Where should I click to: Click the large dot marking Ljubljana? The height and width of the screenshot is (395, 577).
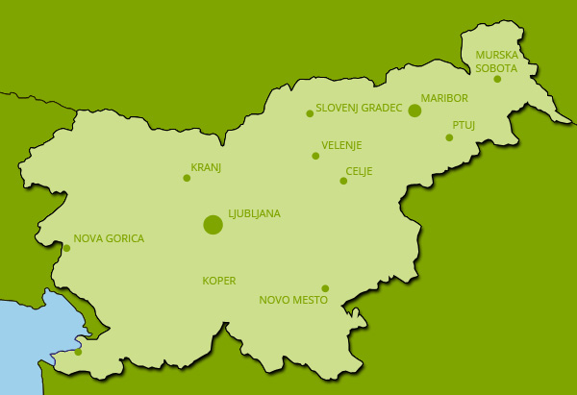[x=213, y=225]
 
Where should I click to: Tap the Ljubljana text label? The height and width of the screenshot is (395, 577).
[x=254, y=213]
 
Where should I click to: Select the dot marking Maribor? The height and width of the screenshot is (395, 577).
[x=414, y=111]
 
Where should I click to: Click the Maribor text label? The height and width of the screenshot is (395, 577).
[x=444, y=98]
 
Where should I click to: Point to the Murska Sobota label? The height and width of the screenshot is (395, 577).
[x=496, y=62]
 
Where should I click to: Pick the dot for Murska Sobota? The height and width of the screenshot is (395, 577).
[x=497, y=79]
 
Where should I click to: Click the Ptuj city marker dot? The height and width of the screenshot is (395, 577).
[x=449, y=137]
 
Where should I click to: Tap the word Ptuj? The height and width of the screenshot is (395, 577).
[x=464, y=125]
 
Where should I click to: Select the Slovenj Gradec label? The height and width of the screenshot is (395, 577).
[x=359, y=108]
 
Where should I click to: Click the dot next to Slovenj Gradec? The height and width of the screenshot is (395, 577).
[x=310, y=113]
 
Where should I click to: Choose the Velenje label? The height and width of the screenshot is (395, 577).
[x=341, y=145]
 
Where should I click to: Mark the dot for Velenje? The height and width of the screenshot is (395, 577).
[x=315, y=156]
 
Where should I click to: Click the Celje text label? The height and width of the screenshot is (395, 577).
[x=359, y=171]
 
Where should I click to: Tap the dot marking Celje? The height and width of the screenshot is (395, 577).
[x=343, y=181]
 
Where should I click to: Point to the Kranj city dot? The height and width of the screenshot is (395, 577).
[x=187, y=178]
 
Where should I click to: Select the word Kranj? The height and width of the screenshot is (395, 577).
[x=206, y=167]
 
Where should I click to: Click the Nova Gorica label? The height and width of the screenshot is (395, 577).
[x=109, y=238]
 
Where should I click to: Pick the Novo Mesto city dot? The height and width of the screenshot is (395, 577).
[x=325, y=288]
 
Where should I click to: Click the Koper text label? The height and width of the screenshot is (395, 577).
[x=218, y=281]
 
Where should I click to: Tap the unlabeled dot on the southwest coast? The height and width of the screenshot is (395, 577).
[x=78, y=352]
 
